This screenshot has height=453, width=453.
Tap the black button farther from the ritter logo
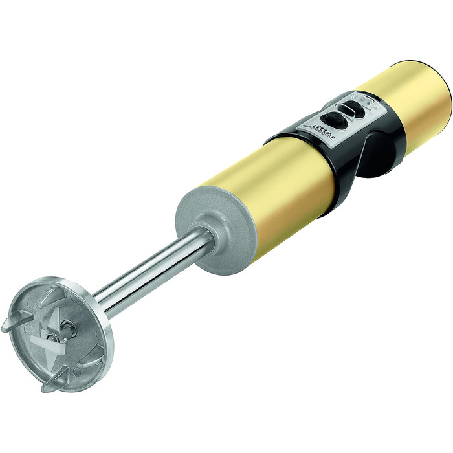point(355,108)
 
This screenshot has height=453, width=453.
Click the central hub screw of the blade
point(52,337)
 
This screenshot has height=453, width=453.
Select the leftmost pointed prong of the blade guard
point(14,321)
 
